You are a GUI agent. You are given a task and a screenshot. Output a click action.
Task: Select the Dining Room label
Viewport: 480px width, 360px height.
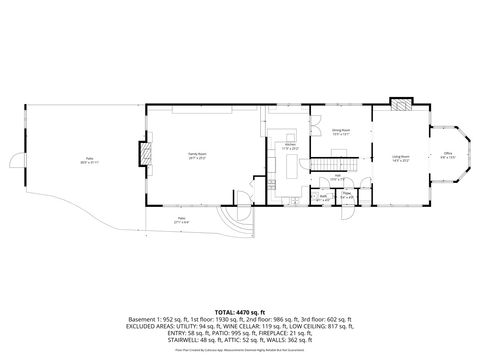coord(340,131)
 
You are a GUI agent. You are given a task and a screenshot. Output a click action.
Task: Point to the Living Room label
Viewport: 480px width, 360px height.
coord(400,157)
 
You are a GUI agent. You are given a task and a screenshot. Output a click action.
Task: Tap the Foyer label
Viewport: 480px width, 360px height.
coord(346,196)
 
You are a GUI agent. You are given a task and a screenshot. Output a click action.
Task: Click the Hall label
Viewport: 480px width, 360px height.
coord(338,176)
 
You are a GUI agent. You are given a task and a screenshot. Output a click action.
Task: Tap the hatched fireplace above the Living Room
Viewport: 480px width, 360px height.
coord(401,103)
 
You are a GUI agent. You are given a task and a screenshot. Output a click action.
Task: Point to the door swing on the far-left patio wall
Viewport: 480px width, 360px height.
coord(14,160)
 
